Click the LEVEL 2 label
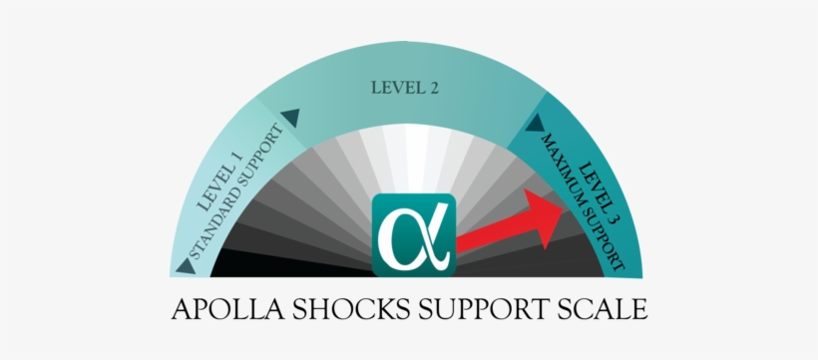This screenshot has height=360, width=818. point(405,87)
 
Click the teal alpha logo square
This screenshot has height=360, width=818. point(413,235)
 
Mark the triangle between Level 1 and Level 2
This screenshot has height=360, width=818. point(290,118)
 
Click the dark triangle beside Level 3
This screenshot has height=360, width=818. point(535,123)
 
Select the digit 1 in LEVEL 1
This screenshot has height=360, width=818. point(236,157)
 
